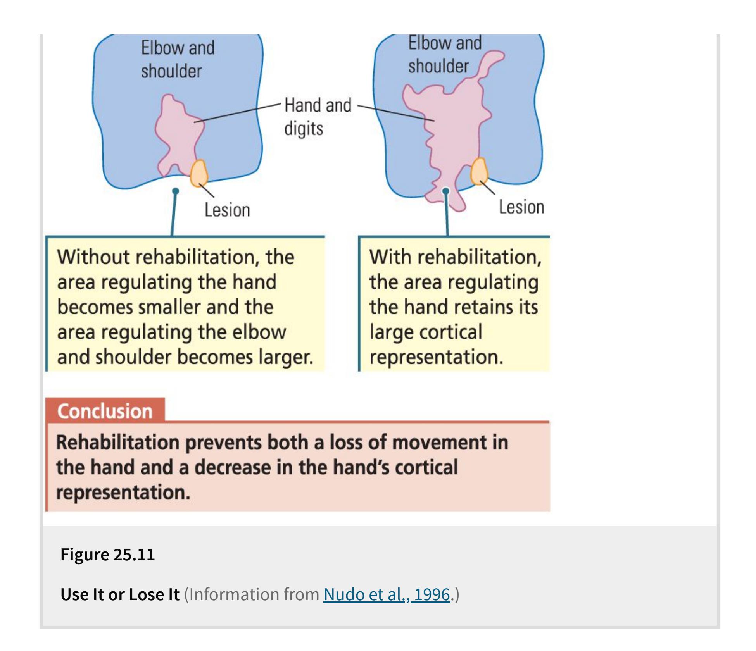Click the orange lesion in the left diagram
(x=199, y=173)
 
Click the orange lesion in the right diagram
(x=479, y=171)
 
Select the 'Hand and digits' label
(x=318, y=116)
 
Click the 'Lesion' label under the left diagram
(x=227, y=210)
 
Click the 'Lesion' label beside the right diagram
(x=521, y=207)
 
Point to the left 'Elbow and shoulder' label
(x=177, y=59)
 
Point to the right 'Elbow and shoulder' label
(x=444, y=54)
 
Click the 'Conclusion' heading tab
(x=105, y=411)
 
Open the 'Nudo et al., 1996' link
(x=387, y=594)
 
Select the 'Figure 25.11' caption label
(x=107, y=554)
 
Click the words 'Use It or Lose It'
(x=120, y=594)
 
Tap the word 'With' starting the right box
(x=390, y=257)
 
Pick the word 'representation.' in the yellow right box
(x=436, y=357)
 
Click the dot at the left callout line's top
(x=176, y=191)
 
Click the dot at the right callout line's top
(x=446, y=191)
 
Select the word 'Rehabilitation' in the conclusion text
(x=117, y=442)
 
